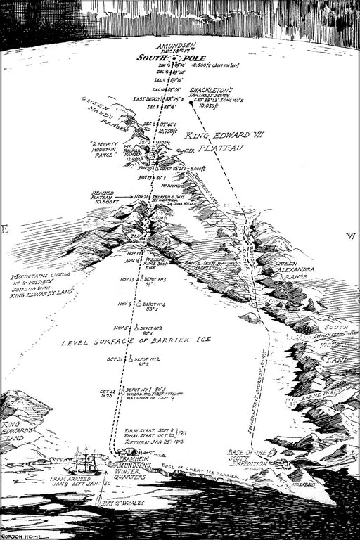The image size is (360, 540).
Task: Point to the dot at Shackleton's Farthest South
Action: [191, 103]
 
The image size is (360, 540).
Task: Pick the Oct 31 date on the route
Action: [115, 359]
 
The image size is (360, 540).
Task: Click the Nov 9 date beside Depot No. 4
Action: [124, 304]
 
